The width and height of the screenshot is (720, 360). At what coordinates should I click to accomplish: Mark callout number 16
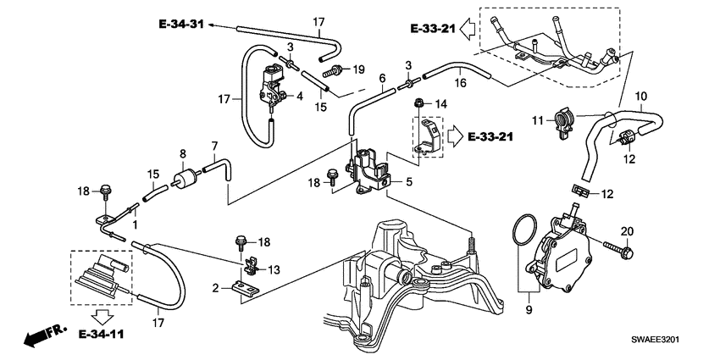click(462, 84)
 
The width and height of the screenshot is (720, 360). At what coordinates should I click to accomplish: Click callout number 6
click(382, 77)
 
